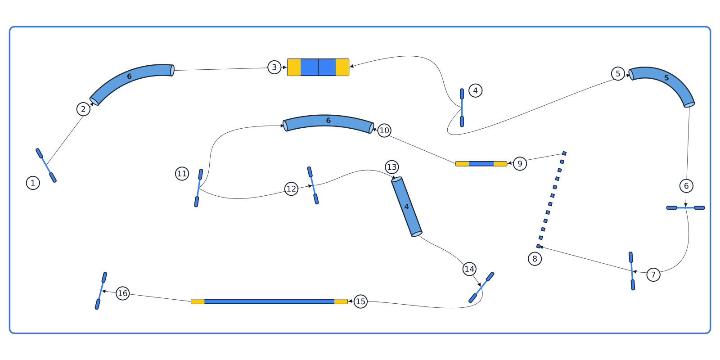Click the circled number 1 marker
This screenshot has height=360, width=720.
[33, 183]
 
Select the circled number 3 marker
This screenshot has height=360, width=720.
[274, 67]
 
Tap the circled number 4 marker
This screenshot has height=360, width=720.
[475, 90]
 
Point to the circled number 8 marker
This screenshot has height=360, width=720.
[535, 259]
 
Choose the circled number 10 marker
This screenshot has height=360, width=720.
[384, 130]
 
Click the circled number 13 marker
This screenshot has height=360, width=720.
[392, 167]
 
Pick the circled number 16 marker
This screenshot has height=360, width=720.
[122, 293]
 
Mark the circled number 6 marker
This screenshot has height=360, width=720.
[686, 186]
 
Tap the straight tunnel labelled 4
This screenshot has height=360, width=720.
[407, 207]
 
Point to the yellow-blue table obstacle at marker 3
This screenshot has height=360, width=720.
[318, 67]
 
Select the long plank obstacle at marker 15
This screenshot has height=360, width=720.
[270, 301]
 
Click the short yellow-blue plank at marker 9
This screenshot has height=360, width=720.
[481, 164]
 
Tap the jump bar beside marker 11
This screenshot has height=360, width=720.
[198, 188]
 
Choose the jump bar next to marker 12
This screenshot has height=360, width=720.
[313, 185]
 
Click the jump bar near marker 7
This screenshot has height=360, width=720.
[632, 271]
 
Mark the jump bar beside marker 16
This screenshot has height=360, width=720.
[101, 291]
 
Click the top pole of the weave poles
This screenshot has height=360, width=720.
[564, 153]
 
